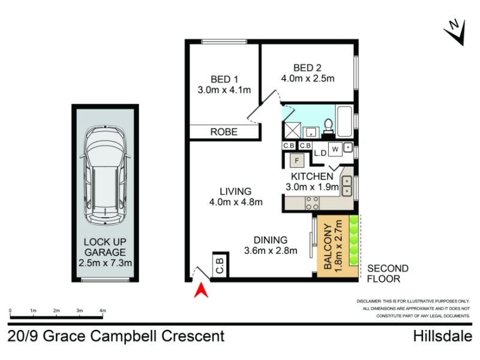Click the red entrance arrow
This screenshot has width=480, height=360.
tap(201, 291)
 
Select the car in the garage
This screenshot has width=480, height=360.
tap(105, 175)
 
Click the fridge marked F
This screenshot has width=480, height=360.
tap(296, 160)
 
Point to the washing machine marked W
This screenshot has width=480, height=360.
tap(335, 149)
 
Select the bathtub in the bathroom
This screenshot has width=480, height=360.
tap(344, 121)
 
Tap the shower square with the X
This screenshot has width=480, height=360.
tap(293, 130)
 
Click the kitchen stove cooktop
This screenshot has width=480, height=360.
tap(312, 203)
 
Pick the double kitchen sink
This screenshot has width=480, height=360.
tap(347, 186)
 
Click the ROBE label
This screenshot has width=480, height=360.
tap(224, 132)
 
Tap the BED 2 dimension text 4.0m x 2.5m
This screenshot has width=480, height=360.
tap(308, 79)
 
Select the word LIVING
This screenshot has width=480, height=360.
tap(235, 191)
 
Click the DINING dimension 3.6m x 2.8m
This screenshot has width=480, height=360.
tap(271, 251)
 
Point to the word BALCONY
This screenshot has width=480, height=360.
tap(328, 247)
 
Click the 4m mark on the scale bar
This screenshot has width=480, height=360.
tap(103, 310)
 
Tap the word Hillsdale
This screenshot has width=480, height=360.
tap(443, 336)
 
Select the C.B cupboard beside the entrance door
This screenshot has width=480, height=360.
tap(220, 265)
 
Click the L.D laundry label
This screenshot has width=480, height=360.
tap(320, 153)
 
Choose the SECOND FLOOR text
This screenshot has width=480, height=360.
tap(388, 274)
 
